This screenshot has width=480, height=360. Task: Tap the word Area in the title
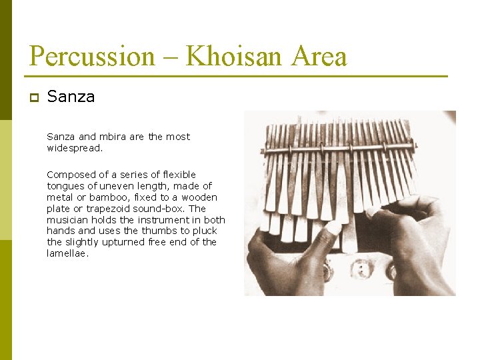[x=319, y=57]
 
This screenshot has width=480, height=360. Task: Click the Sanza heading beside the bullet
[x=71, y=97]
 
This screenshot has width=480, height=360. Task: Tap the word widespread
[x=75, y=148]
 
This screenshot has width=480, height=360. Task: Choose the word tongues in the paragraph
[x=66, y=186]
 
